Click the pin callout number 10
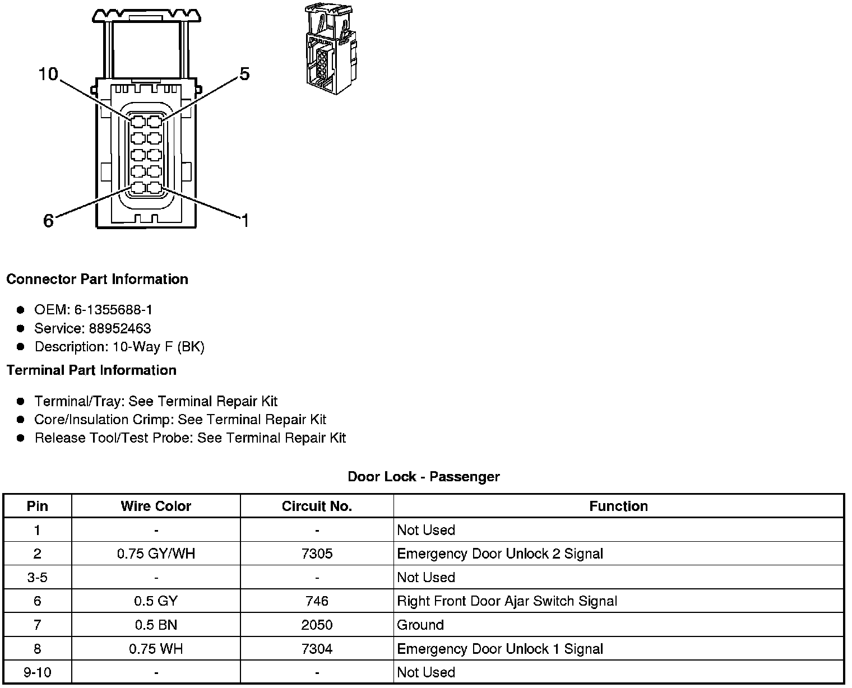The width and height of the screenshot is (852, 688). point(48,74)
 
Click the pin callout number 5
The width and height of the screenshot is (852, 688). point(244,74)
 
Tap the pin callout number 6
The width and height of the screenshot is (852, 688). point(49,221)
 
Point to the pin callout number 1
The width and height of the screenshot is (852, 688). point(245,221)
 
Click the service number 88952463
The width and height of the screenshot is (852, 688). point(120,328)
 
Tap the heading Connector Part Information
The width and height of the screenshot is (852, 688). point(97,279)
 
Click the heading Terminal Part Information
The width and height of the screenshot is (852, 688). point(91,370)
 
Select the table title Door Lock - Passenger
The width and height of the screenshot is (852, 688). point(424,477)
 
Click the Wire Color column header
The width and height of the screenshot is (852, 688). point(156,506)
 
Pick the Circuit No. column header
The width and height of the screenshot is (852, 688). point(317,506)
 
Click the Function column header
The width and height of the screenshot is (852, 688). point(618,506)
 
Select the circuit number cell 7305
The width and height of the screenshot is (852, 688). point(317,554)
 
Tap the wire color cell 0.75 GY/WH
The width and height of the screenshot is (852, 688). point(156,554)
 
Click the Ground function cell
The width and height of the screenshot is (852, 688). point(420,625)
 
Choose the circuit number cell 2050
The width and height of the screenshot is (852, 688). point(317,625)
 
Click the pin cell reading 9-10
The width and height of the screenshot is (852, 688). point(37,672)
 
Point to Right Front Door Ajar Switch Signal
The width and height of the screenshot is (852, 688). point(507,602)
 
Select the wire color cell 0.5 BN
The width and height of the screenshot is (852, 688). point(156,625)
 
